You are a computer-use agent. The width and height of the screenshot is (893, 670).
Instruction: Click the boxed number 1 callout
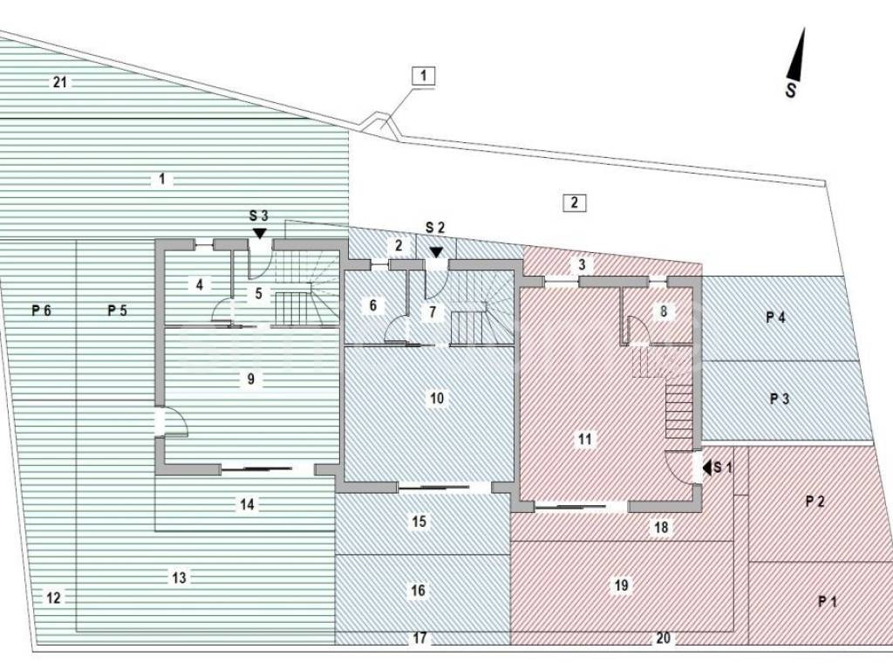tap(423, 76)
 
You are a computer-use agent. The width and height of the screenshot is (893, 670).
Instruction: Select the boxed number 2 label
tap(574, 202)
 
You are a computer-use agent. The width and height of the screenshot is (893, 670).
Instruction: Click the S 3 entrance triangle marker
tap(259, 233)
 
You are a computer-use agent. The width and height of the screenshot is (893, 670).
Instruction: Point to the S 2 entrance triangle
tap(435, 252)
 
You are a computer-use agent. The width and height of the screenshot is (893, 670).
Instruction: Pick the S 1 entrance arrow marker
tap(707, 468)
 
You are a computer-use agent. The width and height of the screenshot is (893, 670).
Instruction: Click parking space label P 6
tap(42, 310)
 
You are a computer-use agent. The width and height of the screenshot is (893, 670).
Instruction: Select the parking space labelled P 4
tap(775, 318)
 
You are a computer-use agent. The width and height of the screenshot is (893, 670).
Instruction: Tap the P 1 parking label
tap(827, 601)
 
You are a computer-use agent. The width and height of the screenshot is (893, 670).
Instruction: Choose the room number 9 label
tap(250, 379)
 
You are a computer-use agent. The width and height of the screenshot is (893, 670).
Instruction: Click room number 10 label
tap(438, 398)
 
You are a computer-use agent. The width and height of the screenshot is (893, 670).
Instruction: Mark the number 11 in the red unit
tap(584, 440)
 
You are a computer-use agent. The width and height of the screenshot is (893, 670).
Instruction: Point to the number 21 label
tap(60, 83)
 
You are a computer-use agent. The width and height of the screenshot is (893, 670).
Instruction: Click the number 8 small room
tap(664, 310)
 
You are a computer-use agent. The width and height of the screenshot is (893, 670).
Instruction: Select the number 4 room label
tap(199, 284)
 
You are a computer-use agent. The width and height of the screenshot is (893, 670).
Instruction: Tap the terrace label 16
tap(419, 591)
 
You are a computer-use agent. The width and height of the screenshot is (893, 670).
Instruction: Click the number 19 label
tap(621, 585)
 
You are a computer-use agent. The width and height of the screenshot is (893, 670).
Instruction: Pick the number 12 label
tap(54, 598)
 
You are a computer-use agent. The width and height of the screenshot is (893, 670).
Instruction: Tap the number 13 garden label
tap(179, 578)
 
